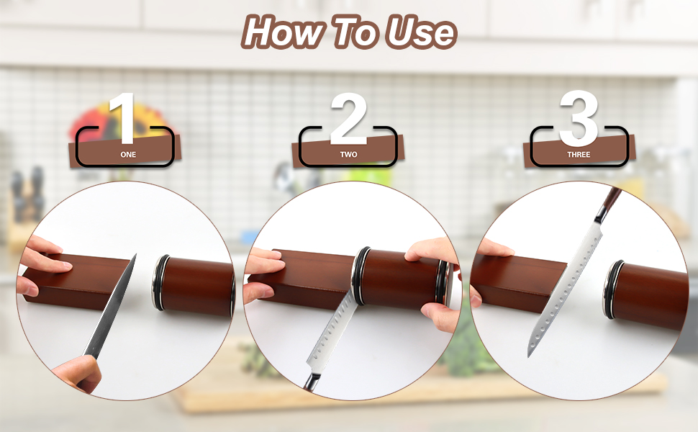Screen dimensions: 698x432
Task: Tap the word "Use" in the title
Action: point(421,32)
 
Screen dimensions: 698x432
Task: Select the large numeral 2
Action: point(348,119)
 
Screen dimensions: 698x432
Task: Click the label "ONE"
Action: point(128,155)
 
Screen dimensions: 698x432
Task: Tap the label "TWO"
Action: point(348,155)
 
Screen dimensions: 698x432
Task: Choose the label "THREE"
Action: point(579,155)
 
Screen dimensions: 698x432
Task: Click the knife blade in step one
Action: point(110,307)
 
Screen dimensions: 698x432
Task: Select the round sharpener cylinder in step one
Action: point(193,284)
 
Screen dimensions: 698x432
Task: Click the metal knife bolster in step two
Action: point(312,382)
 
